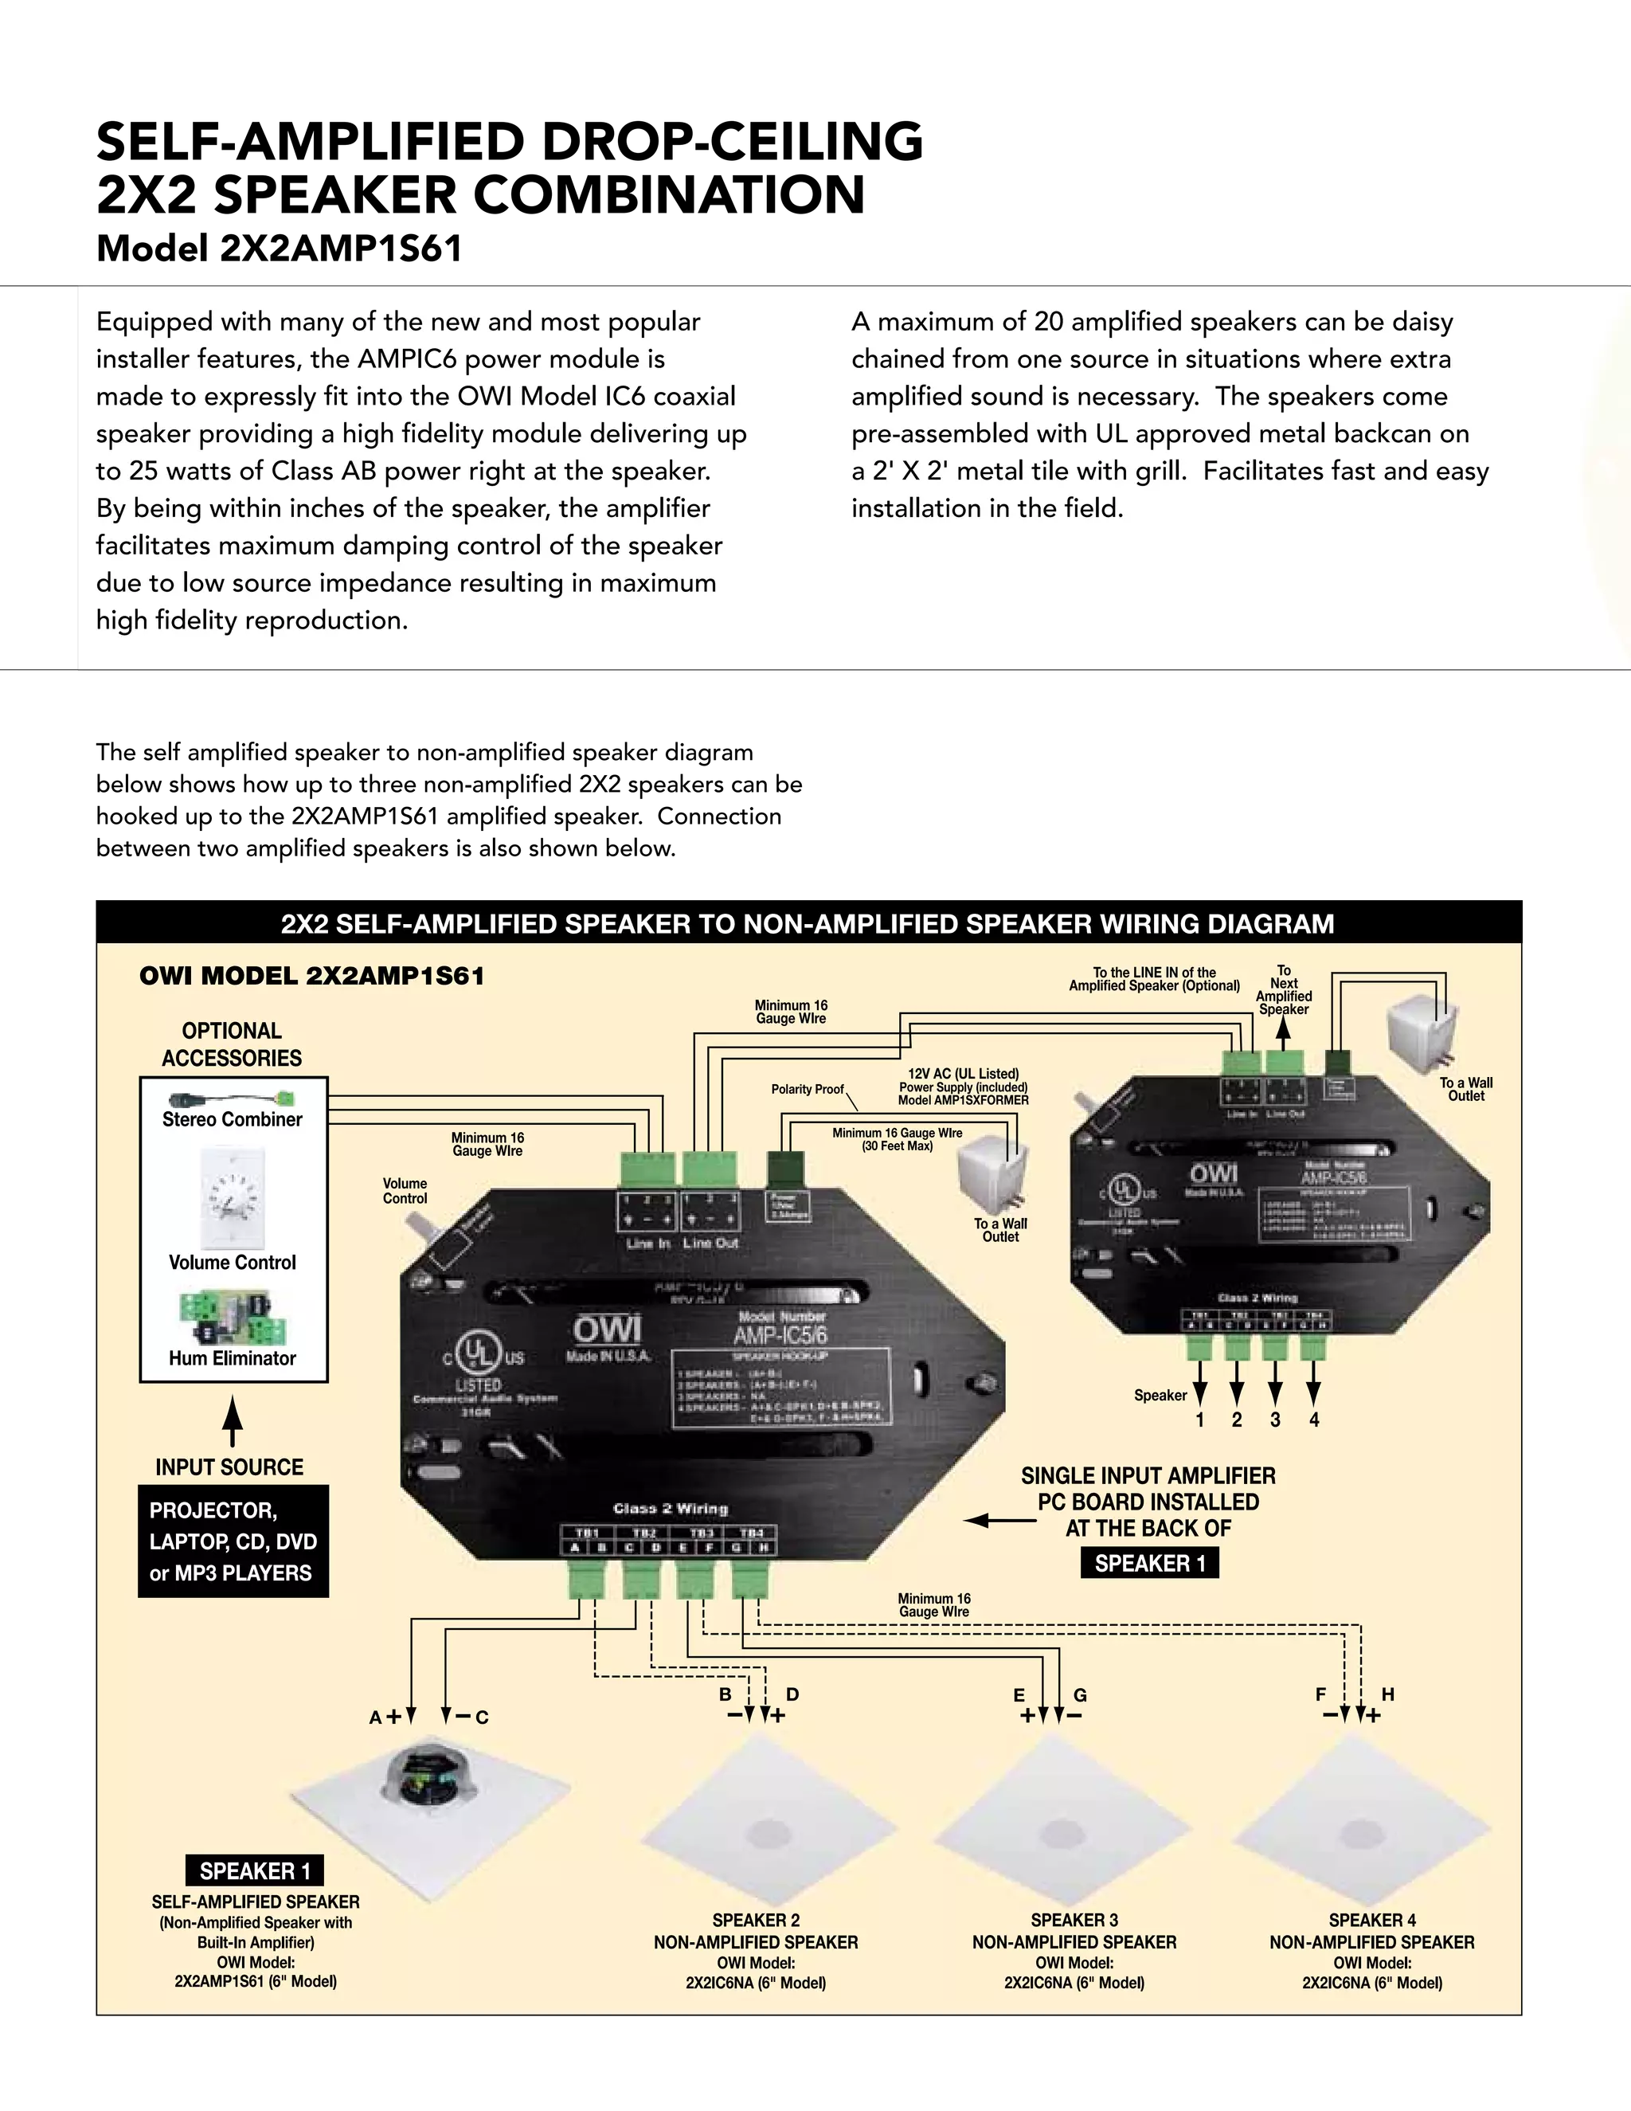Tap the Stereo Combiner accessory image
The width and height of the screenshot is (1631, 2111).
pyautogui.click(x=231, y=1100)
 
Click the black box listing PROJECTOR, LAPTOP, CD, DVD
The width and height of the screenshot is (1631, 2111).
pyautogui.click(x=233, y=1541)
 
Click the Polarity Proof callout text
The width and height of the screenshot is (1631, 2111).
pyautogui.click(x=807, y=1089)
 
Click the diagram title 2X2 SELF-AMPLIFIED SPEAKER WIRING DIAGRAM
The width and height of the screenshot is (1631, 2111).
pyautogui.click(x=807, y=924)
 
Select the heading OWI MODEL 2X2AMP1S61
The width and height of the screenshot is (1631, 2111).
pyautogui.click(x=312, y=977)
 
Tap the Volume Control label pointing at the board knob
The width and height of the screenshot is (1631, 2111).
pyautogui.click(x=404, y=1191)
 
